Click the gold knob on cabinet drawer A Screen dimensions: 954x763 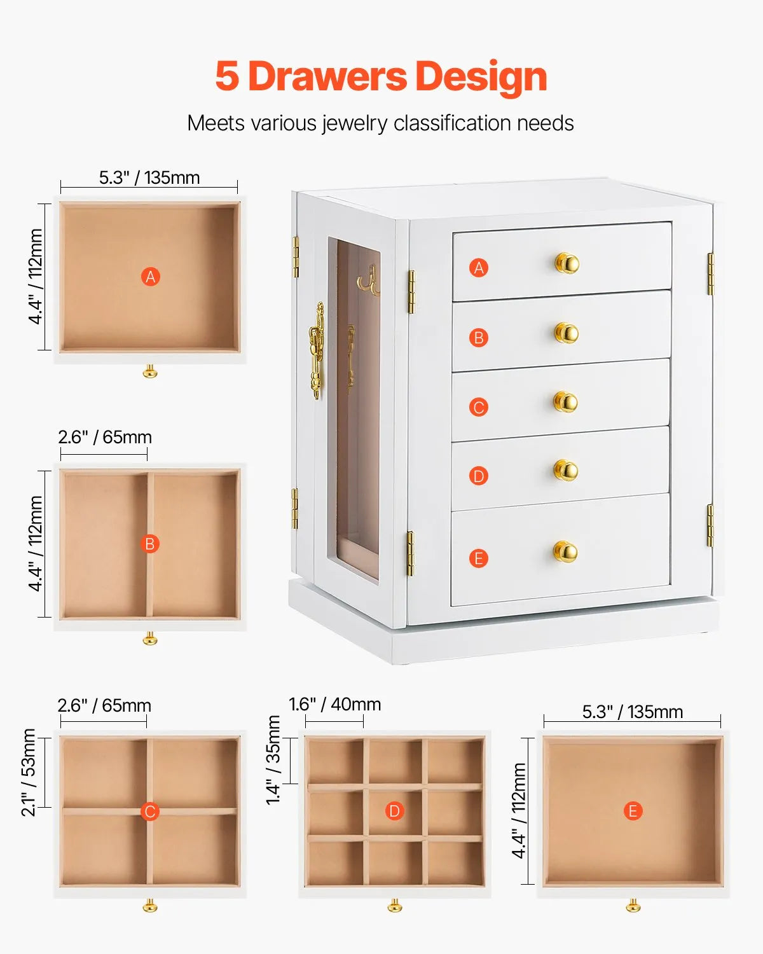tap(566, 263)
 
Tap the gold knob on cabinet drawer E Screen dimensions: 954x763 tap(565, 551)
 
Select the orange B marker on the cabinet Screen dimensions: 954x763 tap(479, 338)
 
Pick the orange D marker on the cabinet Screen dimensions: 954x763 tap(479, 476)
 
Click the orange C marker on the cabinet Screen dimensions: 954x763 tap(479, 407)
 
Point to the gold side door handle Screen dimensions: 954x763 tap(316, 350)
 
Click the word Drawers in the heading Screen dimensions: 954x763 tap(327, 76)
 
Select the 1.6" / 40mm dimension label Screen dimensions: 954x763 tap(334, 704)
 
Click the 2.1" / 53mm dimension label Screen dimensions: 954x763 tap(29, 772)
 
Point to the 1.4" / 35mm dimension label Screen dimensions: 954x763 tap(273, 760)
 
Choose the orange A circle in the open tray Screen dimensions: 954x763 tap(150, 277)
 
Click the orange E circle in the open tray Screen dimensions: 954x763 tap(633, 811)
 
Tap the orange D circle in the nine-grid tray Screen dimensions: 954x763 tap(394, 811)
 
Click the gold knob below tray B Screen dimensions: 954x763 tap(150, 638)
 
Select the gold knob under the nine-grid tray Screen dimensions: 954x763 tap(394, 905)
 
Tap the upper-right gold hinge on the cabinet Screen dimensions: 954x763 tap(711, 273)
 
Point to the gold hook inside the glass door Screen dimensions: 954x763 tap(368, 282)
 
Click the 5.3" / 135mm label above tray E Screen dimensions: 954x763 tap(633, 712)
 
